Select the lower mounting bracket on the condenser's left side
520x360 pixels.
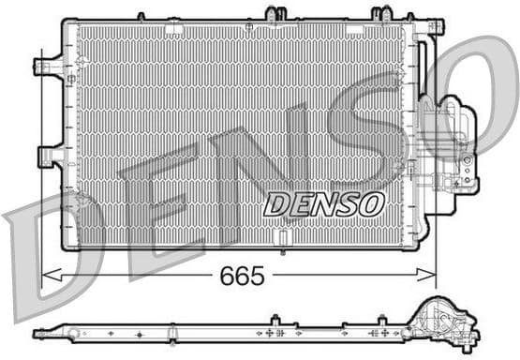[49, 156]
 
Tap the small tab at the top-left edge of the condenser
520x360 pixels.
[141, 15]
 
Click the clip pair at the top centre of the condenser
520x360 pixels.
[275, 13]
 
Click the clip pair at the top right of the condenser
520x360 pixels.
[381, 13]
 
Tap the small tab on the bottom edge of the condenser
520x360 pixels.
[283, 251]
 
